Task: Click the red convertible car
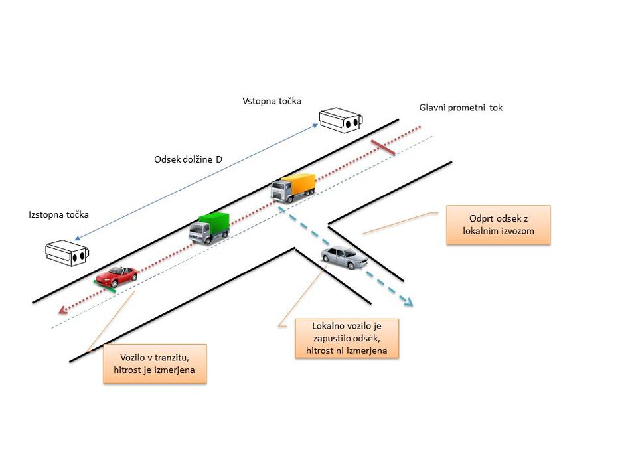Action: pyautogui.click(x=117, y=274)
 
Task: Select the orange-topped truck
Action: pyautogui.click(x=293, y=187)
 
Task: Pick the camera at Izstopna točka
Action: pyautogui.click(x=67, y=252)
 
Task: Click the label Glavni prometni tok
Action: pyautogui.click(x=461, y=107)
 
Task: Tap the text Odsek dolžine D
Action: pyautogui.click(x=187, y=159)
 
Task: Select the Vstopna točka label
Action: pyautogui.click(x=272, y=101)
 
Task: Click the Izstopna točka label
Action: pyautogui.click(x=58, y=215)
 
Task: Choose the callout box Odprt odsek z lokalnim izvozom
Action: pyautogui.click(x=498, y=225)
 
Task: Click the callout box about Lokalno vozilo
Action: pyautogui.click(x=347, y=339)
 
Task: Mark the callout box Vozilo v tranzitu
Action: pyautogui.click(x=155, y=363)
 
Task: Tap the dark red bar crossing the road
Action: pyautogui.click(x=383, y=148)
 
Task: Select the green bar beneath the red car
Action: pyautogui.click(x=106, y=287)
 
